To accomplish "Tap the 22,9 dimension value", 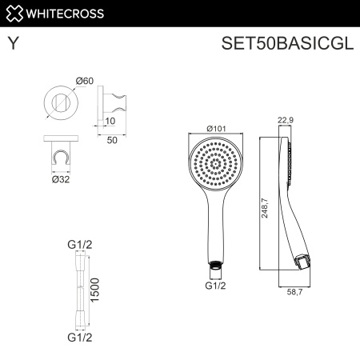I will click(286, 121).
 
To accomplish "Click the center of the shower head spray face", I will click(214, 162).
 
